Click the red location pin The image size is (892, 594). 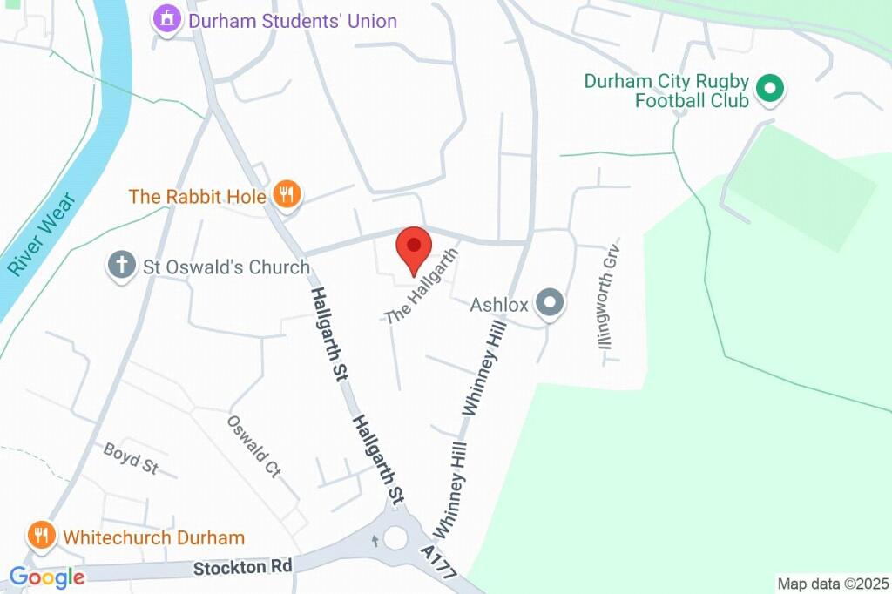pos(414,248)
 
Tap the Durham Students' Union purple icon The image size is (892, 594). pos(166,18)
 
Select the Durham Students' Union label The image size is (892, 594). pos(293,20)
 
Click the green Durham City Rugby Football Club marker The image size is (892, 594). pos(769,87)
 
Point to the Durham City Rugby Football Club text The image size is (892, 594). pos(666,91)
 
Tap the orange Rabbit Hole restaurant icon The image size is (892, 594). pos(287,194)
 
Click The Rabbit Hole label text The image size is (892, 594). pos(197,196)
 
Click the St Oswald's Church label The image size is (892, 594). pos(226,267)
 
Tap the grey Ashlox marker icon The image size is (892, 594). pos(550,303)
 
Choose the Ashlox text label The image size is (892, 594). pos(499,305)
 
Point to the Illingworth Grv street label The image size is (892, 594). pos(608,296)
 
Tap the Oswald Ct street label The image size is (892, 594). pos(254,447)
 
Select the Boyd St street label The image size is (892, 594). pos(130,459)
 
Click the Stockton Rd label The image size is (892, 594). pos(243,566)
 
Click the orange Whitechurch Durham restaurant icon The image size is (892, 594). pos(41,536)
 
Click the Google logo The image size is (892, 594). pos(47,577)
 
